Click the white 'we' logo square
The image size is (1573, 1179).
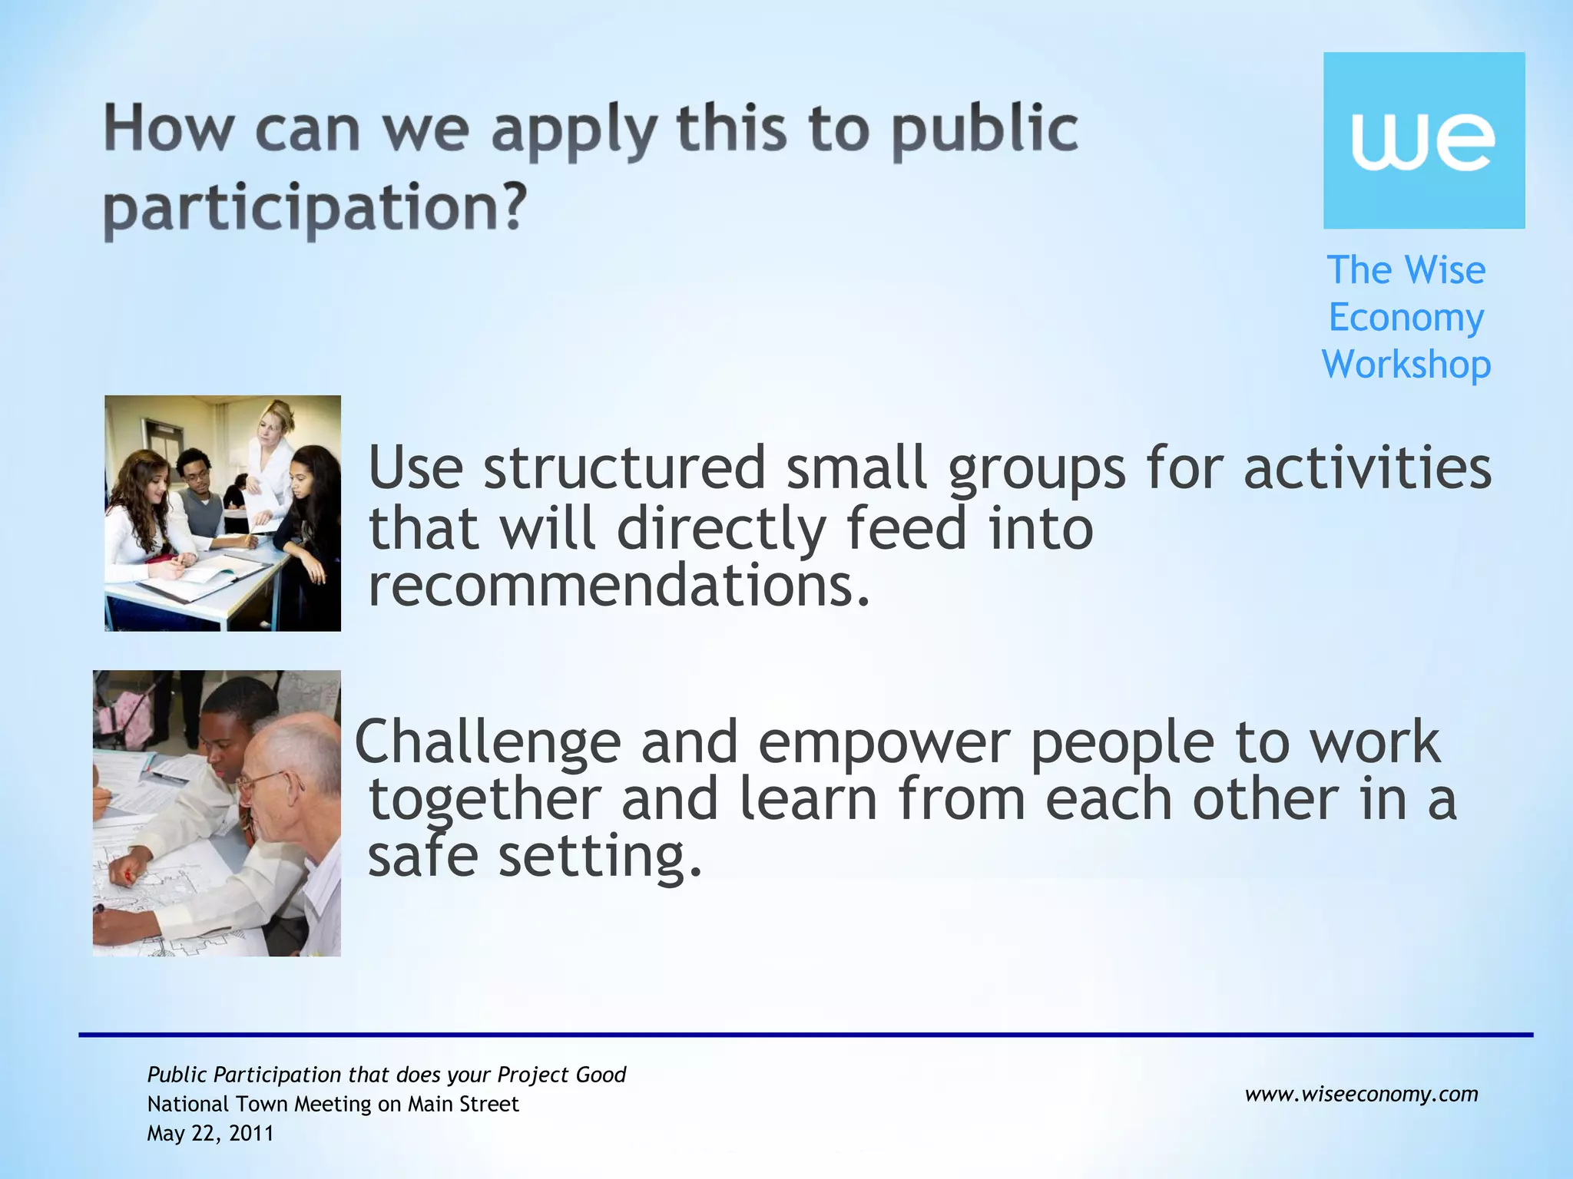click(1423, 140)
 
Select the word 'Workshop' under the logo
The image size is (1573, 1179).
click(1406, 364)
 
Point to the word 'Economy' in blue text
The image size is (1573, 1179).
click(1406, 318)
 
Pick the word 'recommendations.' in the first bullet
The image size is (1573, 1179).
click(619, 585)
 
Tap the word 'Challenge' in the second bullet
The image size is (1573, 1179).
click(488, 742)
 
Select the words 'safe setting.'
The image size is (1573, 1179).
click(535, 856)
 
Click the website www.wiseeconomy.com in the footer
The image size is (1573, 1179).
click(1361, 1094)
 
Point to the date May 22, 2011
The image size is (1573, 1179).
click(210, 1134)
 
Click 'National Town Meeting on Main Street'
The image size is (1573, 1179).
click(333, 1104)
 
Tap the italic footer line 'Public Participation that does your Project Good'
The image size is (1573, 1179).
click(386, 1075)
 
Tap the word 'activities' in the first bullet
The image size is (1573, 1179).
click(1367, 467)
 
